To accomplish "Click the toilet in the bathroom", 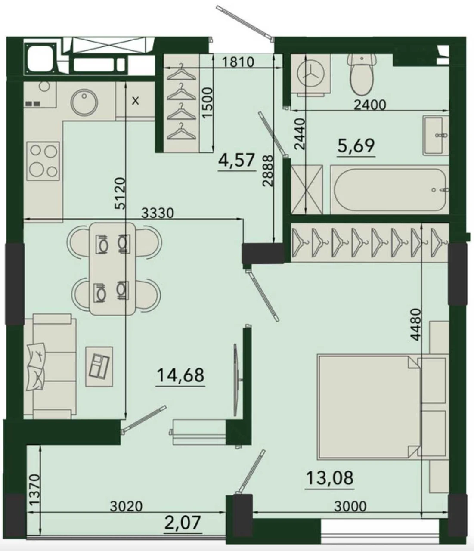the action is click(362, 75).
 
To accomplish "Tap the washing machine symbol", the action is click(311, 74).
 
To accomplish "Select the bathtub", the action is click(390, 189).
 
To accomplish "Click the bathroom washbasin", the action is click(436, 135).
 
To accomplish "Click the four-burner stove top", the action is click(43, 161).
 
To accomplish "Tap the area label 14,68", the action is click(180, 375).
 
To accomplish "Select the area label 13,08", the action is click(329, 478).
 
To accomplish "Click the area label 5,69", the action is click(356, 145).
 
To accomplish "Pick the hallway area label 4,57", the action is click(236, 160).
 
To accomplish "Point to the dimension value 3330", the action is click(157, 213).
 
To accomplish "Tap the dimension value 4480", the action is click(415, 325).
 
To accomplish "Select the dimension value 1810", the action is click(238, 62).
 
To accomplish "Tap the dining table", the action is click(112, 269).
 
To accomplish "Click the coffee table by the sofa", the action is click(99, 366).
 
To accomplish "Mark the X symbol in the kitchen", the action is click(136, 101).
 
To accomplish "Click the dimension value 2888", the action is click(268, 170).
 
